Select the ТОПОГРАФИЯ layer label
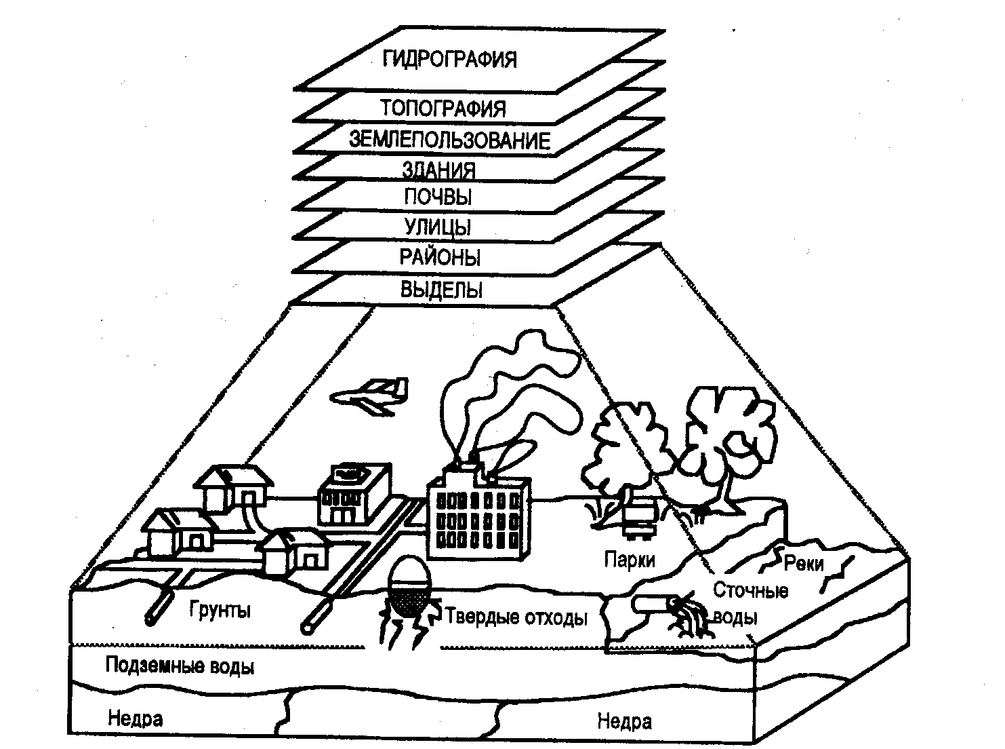point(443,108)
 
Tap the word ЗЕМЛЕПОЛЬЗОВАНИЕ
point(449,140)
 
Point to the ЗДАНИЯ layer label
point(438,169)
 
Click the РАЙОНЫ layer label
point(440,258)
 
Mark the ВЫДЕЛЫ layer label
point(442,290)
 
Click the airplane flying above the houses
point(371,396)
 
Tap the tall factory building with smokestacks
point(478,516)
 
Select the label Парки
point(630,560)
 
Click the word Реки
point(804,564)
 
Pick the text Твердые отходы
point(516,617)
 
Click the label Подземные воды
point(180,666)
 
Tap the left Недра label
point(135,718)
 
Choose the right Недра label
point(624,721)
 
